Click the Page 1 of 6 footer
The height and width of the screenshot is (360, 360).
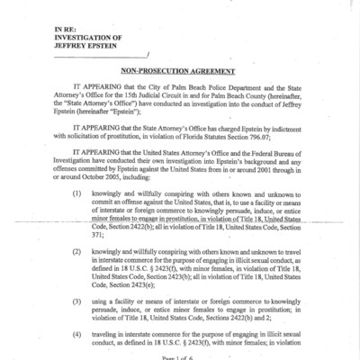coord(180,357)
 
